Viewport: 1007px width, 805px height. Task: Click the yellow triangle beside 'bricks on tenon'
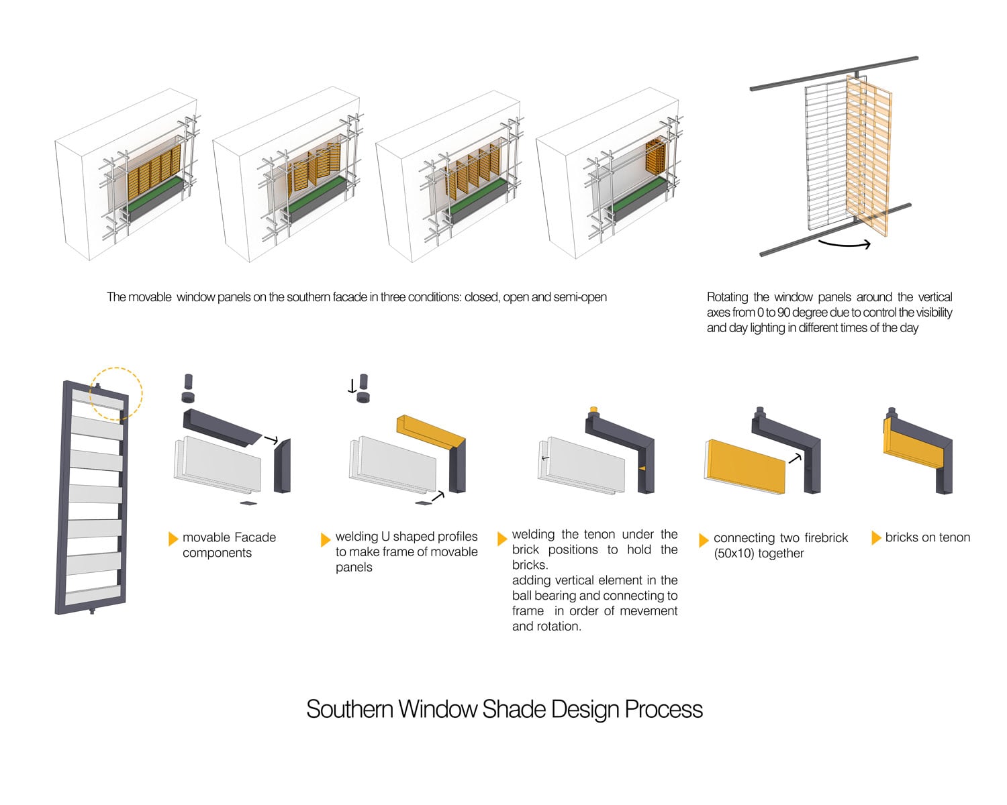click(x=875, y=537)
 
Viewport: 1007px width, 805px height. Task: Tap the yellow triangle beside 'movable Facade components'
click(x=173, y=538)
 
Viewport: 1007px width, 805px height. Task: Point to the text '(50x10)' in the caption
click(x=733, y=553)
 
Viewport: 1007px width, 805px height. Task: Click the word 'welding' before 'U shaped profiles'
click(x=356, y=537)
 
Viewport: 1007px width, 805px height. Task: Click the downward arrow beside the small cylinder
click(x=352, y=386)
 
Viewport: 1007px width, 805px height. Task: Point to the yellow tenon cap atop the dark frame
click(x=593, y=409)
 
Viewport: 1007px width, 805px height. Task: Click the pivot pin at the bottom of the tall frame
click(x=91, y=611)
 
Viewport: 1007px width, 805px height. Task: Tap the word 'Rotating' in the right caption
click(x=727, y=297)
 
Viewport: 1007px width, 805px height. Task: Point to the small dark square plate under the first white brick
click(x=247, y=502)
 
